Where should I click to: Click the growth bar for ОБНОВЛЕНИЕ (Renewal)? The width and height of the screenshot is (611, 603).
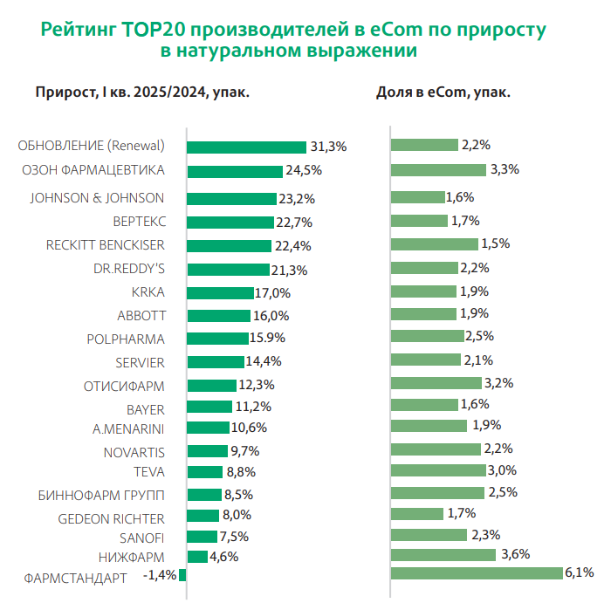[246, 147]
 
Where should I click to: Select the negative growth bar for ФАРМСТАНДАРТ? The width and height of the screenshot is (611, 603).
[182, 574]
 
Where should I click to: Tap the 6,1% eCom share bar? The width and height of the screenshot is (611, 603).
[476, 573]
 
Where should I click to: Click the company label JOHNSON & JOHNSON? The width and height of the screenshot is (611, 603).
[97, 197]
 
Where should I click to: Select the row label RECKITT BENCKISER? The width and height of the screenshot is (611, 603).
[105, 244]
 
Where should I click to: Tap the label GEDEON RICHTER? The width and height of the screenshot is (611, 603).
[111, 517]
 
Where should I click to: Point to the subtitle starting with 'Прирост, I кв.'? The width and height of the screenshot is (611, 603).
[142, 92]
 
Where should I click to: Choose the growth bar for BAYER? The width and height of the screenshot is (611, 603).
[209, 407]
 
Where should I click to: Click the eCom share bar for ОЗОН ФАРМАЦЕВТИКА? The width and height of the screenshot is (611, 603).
[438, 169]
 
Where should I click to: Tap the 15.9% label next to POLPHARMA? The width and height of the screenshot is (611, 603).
[268, 338]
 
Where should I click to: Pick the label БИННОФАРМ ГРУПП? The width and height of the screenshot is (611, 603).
[101, 496]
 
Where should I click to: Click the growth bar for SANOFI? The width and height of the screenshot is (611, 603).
[202, 537]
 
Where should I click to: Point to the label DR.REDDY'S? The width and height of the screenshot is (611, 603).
[128, 268]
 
